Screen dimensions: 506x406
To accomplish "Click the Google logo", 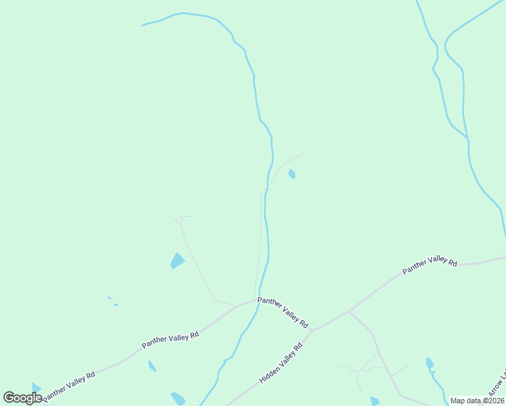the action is pos(22,398).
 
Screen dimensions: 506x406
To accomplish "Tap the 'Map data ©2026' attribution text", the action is pos(476,401).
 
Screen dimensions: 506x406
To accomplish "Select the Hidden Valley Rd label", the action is pos(280,364).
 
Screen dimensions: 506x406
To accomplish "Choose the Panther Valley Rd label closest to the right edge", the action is pos(430,266).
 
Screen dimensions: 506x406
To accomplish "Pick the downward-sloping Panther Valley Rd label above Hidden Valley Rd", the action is pos(282,312).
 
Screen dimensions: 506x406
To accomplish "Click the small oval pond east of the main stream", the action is pos(292,174).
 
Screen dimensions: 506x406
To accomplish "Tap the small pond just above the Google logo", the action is pos(36,388).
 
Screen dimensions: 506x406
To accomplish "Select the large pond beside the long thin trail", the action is pos(177,261).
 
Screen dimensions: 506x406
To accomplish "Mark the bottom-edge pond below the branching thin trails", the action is pos(375,401).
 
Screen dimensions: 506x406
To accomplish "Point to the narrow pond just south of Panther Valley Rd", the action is pos(152,366).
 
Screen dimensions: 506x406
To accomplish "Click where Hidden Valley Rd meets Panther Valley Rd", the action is pos(311,330).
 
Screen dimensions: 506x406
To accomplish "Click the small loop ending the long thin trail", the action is pos(179,219).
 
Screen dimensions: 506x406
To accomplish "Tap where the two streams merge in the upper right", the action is pos(468,140).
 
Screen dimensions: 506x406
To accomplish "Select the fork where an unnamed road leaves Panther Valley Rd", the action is pos(348,311).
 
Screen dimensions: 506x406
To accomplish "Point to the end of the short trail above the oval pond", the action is pos(304,153).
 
